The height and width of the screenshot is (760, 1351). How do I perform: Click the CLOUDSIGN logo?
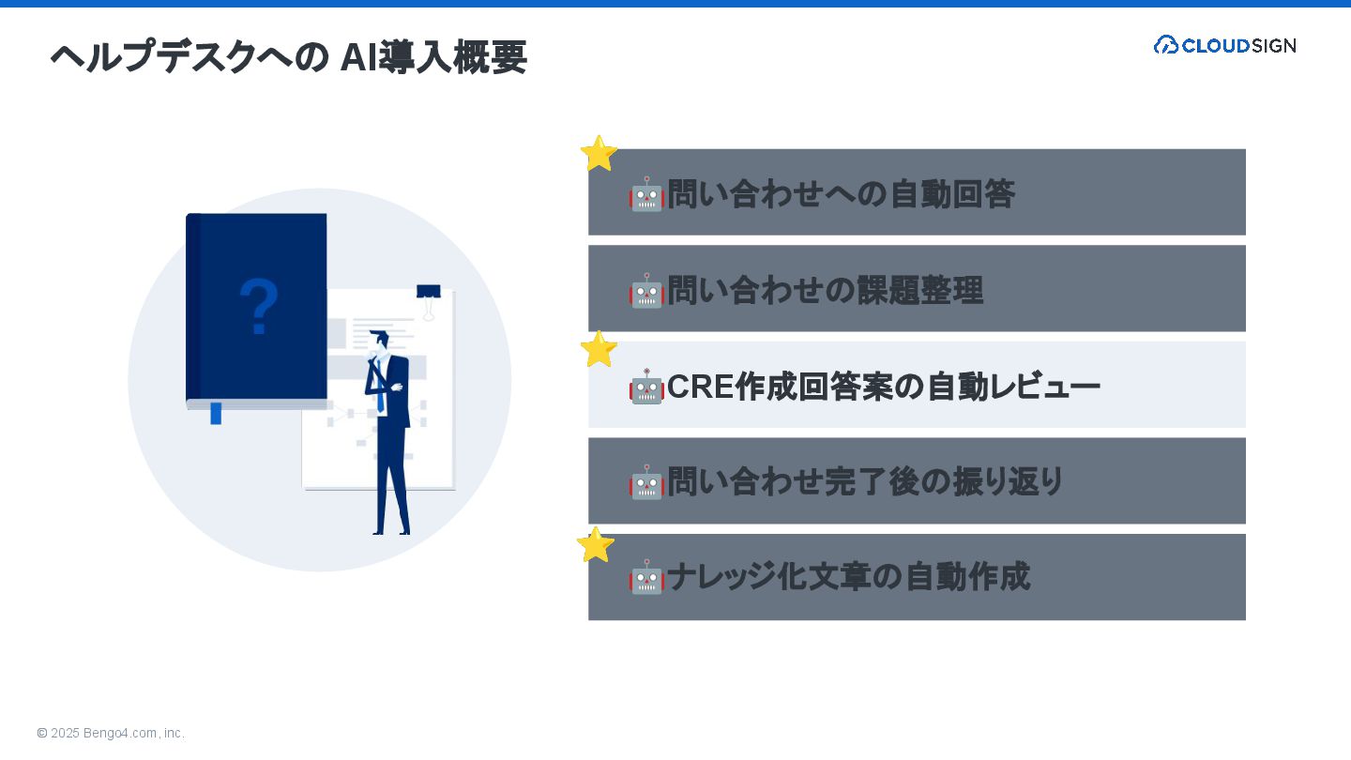tap(1224, 45)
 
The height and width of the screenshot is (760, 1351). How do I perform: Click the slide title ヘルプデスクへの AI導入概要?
tap(288, 57)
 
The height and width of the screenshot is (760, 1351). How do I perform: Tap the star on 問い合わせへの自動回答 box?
tap(599, 154)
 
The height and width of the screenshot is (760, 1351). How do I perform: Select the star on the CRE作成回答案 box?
tap(599, 349)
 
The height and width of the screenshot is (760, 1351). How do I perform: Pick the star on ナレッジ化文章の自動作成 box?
tap(596, 545)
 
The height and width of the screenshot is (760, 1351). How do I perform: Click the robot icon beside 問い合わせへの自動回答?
tap(646, 194)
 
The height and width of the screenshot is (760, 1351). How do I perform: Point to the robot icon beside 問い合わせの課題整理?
tap(646, 291)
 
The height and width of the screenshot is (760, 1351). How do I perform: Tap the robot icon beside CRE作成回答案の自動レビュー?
tap(646, 387)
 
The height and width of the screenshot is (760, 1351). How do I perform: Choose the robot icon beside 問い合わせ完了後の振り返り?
tap(646, 482)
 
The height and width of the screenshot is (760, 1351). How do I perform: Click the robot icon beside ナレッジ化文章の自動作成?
tap(646, 577)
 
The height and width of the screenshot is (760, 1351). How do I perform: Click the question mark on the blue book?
tap(259, 307)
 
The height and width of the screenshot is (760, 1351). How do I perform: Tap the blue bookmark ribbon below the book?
tap(216, 413)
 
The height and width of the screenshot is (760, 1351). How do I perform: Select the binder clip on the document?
tap(429, 298)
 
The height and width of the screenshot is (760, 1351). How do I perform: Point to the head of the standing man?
tap(380, 340)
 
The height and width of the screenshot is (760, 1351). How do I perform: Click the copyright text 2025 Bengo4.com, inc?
tap(111, 733)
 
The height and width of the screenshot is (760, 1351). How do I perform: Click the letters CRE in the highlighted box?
tap(700, 387)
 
